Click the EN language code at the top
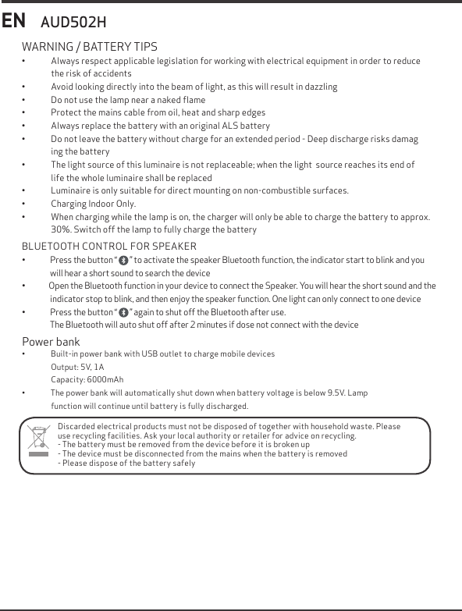pyautogui.click(x=14, y=20)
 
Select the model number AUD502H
pyautogui.click(x=73, y=22)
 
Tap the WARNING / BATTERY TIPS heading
pyautogui.click(x=89, y=47)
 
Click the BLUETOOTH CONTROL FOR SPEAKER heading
pyautogui.click(x=109, y=247)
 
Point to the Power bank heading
pyautogui.click(x=51, y=342)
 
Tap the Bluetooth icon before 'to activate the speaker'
pyautogui.click(x=124, y=260)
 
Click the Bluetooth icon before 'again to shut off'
pyautogui.click(x=124, y=312)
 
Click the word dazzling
pyautogui.click(x=320, y=87)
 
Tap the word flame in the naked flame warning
pyautogui.click(x=193, y=100)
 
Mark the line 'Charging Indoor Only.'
pyautogui.click(x=94, y=204)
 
